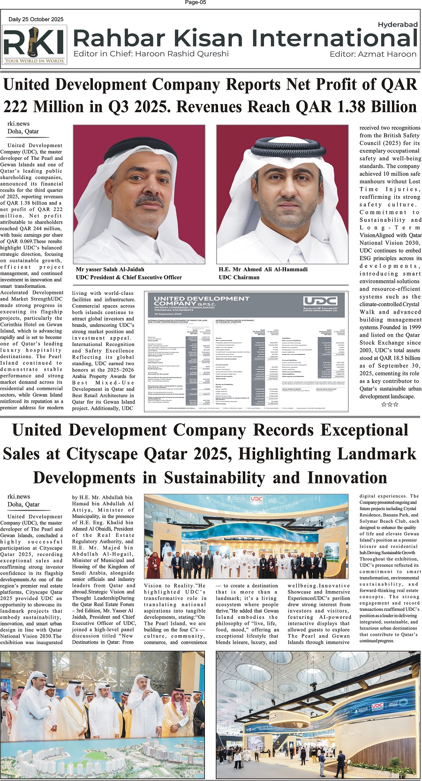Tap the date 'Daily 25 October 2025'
[36, 19]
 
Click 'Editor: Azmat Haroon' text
[373, 54]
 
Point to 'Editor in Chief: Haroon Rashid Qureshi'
[151, 54]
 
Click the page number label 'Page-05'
[196, 3]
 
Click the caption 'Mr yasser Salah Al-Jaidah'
[110, 270]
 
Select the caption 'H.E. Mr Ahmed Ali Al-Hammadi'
[263, 270]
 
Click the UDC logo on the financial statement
[320, 301]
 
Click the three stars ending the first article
[390, 404]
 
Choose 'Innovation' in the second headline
[347, 478]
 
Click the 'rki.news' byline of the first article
[19, 124]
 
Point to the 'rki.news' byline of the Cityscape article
[19, 496]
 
